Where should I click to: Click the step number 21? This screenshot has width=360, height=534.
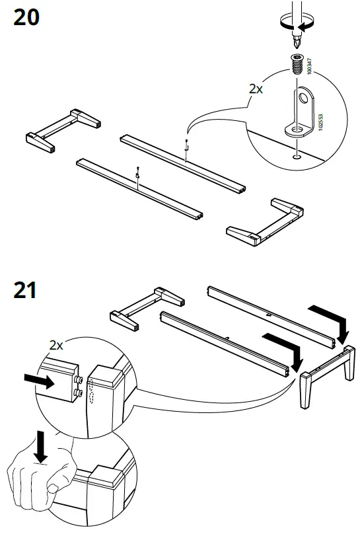pyautogui.click(x=26, y=290)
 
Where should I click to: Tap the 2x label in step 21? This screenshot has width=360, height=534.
pyautogui.click(x=57, y=344)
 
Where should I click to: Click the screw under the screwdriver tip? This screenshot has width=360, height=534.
pyautogui.click(x=297, y=65)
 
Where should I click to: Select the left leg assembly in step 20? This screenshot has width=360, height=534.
pyautogui.click(x=63, y=130)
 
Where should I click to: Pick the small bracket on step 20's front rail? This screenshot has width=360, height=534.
pyautogui.click(x=137, y=174)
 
